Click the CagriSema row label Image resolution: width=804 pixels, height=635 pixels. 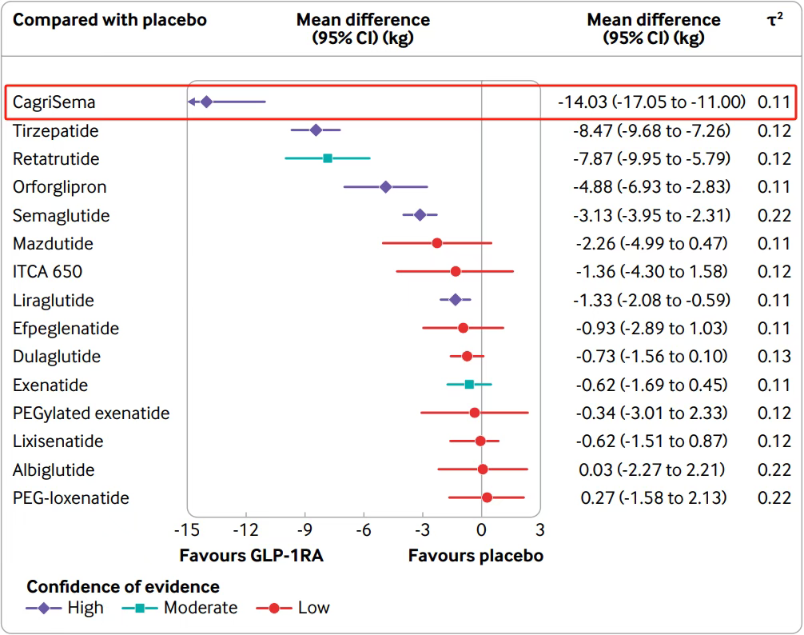(x=54, y=102)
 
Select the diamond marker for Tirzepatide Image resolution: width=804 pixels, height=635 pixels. (x=316, y=130)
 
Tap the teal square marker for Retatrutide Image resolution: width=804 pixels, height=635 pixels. (x=328, y=158)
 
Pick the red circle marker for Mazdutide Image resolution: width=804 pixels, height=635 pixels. (x=437, y=243)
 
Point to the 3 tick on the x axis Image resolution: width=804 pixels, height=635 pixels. (x=540, y=529)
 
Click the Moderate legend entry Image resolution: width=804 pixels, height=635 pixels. (x=200, y=608)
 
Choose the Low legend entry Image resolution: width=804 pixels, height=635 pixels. (x=313, y=608)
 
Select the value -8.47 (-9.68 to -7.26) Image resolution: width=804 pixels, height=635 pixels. (x=651, y=130)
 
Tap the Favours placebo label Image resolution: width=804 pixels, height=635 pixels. (x=476, y=556)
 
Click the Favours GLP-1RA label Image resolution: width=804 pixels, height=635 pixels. (x=251, y=556)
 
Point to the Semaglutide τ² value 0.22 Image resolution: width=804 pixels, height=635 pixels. (x=774, y=215)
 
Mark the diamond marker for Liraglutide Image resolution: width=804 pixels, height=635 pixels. (x=456, y=300)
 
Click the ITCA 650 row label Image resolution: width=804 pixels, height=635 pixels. (x=47, y=272)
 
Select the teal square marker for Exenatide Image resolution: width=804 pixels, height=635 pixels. (x=469, y=385)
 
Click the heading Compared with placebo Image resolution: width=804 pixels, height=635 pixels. (x=109, y=20)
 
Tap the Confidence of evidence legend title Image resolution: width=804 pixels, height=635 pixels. (x=123, y=587)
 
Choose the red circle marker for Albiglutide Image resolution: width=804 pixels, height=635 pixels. (x=483, y=469)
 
